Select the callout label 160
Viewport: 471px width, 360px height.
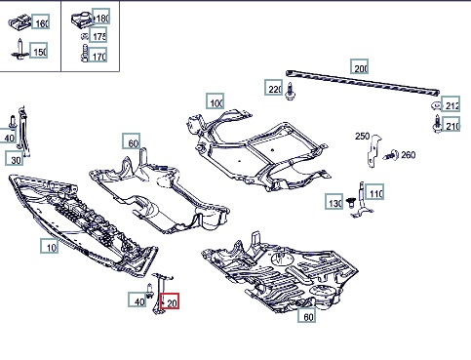tap(40, 21)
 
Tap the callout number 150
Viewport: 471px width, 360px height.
tap(39, 50)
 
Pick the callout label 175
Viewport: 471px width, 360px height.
tap(98, 35)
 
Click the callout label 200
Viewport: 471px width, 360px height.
tap(359, 66)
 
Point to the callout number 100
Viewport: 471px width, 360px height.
tap(215, 101)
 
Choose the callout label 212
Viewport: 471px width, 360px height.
tap(451, 103)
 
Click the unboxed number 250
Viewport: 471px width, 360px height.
tap(362, 136)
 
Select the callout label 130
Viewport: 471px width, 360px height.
tap(334, 201)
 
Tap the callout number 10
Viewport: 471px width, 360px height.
tap(50, 246)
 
